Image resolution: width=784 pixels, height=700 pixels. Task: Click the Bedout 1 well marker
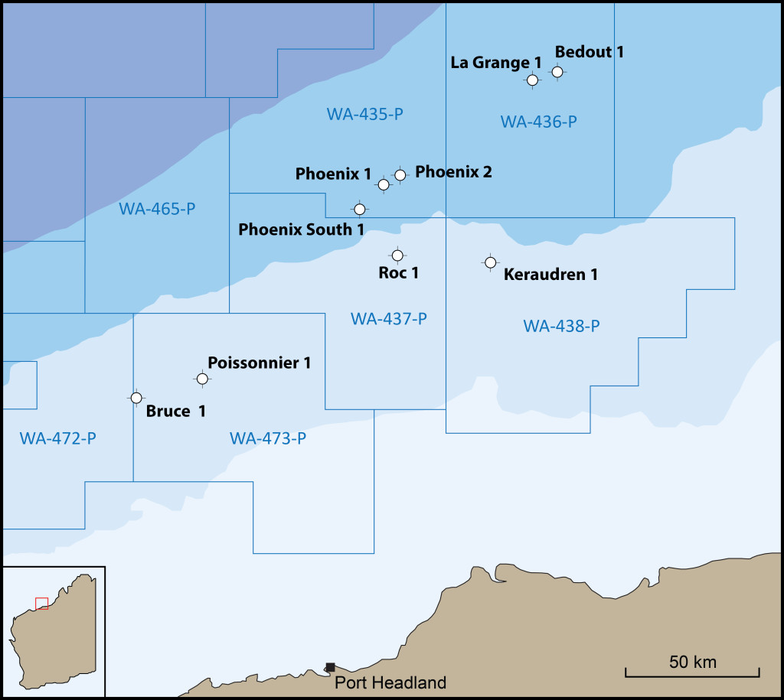pyautogui.click(x=557, y=72)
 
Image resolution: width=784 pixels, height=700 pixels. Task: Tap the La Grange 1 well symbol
pyautogui.click(x=532, y=80)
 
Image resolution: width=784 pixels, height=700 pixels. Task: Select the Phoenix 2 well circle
pyautogui.click(x=400, y=175)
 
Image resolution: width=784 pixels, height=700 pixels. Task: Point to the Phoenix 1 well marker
pyautogui.click(x=384, y=184)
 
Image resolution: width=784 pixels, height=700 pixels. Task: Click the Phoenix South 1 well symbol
pyautogui.click(x=360, y=209)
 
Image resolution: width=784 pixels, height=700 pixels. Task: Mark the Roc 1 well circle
pyautogui.click(x=397, y=256)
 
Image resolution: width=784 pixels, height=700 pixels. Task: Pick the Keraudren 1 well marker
pyautogui.click(x=490, y=262)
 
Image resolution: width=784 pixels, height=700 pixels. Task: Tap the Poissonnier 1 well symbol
pyautogui.click(x=202, y=379)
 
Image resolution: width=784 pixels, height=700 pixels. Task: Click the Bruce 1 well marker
pyautogui.click(x=136, y=398)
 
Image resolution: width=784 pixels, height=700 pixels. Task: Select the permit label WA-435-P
pyautogui.click(x=365, y=115)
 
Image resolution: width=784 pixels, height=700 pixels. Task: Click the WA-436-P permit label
pyautogui.click(x=538, y=122)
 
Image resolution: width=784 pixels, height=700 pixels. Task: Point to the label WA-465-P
pyautogui.click(x=158, y=208)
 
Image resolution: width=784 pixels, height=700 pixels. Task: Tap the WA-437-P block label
pyautogui.click(x=389, y=318)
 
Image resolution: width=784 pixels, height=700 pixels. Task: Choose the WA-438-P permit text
pyautogui.click(x=561, y=326)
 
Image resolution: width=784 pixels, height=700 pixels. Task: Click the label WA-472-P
pyautogui.click(x=58, y=438)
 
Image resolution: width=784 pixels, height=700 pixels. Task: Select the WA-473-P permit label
pyautogui.click(x=268, y=438)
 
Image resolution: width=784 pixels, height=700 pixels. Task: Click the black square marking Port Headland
pyautogui.click(x=330, y=667)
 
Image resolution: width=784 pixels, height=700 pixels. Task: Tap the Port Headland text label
pyautogui.click(x=390, y=683)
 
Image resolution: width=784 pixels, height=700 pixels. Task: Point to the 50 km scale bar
pyautogui.click(x=692, y=672)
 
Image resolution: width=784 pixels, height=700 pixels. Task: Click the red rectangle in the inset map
pyautogui.click(x=42, y=604)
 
